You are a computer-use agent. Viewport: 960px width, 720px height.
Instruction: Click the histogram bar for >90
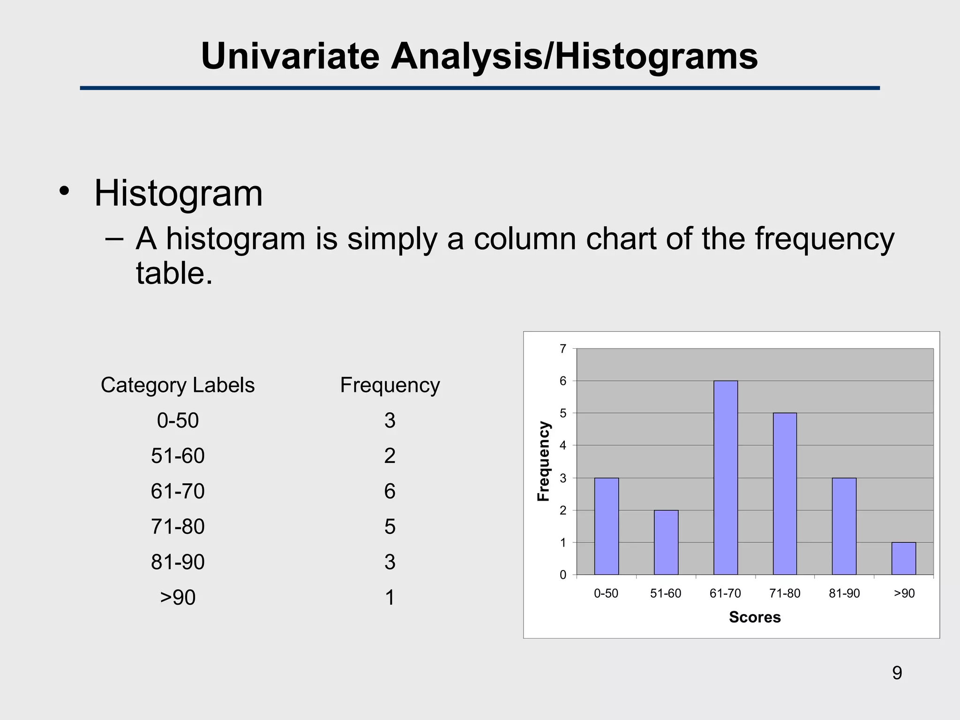tap(903, 558)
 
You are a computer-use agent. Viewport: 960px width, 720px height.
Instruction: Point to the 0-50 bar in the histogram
tap(606, 526)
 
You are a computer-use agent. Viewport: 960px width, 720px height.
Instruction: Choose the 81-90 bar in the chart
tap(844, 526)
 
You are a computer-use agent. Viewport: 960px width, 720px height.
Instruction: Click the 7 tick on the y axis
tap(563, 349)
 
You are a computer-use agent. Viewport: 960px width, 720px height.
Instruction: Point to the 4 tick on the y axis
tap(563, 445)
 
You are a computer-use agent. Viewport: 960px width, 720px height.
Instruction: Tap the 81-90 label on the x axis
tap(844, 593)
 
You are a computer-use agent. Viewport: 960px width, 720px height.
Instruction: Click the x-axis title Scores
tap(754, 617)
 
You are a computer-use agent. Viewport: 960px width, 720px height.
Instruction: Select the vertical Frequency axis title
tap(543, 461)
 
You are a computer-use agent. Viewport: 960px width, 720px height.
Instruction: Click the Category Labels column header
tap(177, 385)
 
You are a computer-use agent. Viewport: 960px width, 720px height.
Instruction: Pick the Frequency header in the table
tap(390, 385)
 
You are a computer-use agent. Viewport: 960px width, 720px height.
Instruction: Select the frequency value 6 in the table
tap(390, 491)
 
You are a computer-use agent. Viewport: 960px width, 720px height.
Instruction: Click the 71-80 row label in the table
tap(177, 527)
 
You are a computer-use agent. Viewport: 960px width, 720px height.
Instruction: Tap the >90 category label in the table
tap(177, 598)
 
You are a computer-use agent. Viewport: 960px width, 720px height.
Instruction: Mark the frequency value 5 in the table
tap(390, 527)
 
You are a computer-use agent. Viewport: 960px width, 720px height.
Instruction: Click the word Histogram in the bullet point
tap(178, 193)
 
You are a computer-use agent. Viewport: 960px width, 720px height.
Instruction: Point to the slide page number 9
tap(897, 673)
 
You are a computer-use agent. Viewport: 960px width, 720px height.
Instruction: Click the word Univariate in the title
tap(290, 56)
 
